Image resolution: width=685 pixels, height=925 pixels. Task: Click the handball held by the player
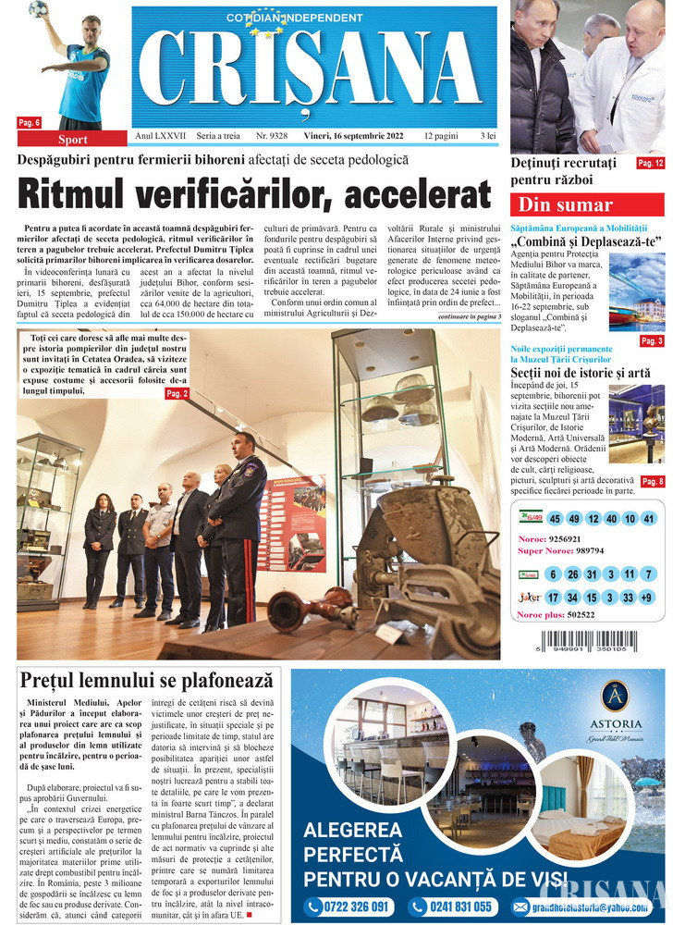click(39, 9)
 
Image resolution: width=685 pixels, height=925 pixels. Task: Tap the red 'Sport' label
click(73, 140)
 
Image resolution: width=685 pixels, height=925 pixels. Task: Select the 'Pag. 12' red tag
click(650, 164)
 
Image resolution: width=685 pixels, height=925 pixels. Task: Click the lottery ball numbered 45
click(555, 519)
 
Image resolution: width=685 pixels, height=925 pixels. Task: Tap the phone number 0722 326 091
click(349, 906)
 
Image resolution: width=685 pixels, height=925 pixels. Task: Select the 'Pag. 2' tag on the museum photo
click(177, 394)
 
